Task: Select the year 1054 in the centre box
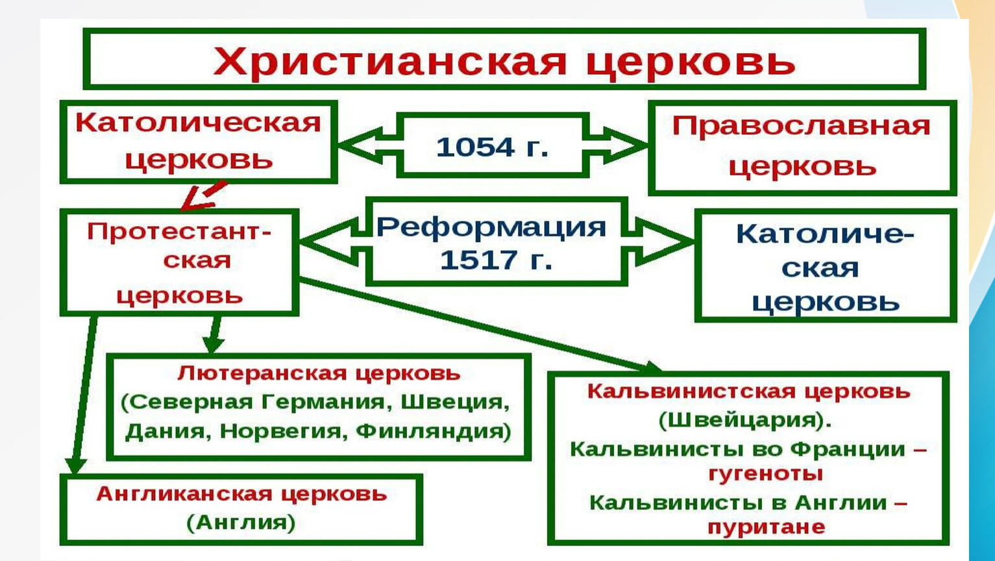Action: [x=475, y=147]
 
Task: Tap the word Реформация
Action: [x=491, y=227]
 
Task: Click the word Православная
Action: [x=801, y=126]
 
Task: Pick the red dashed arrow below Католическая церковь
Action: [x=204, y=195]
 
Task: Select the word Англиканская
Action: [x=184, y=494]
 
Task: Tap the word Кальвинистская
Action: [x=691, y=392]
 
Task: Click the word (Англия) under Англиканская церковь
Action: [x=241, y=523]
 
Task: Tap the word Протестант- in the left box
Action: [x=179, y=231]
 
